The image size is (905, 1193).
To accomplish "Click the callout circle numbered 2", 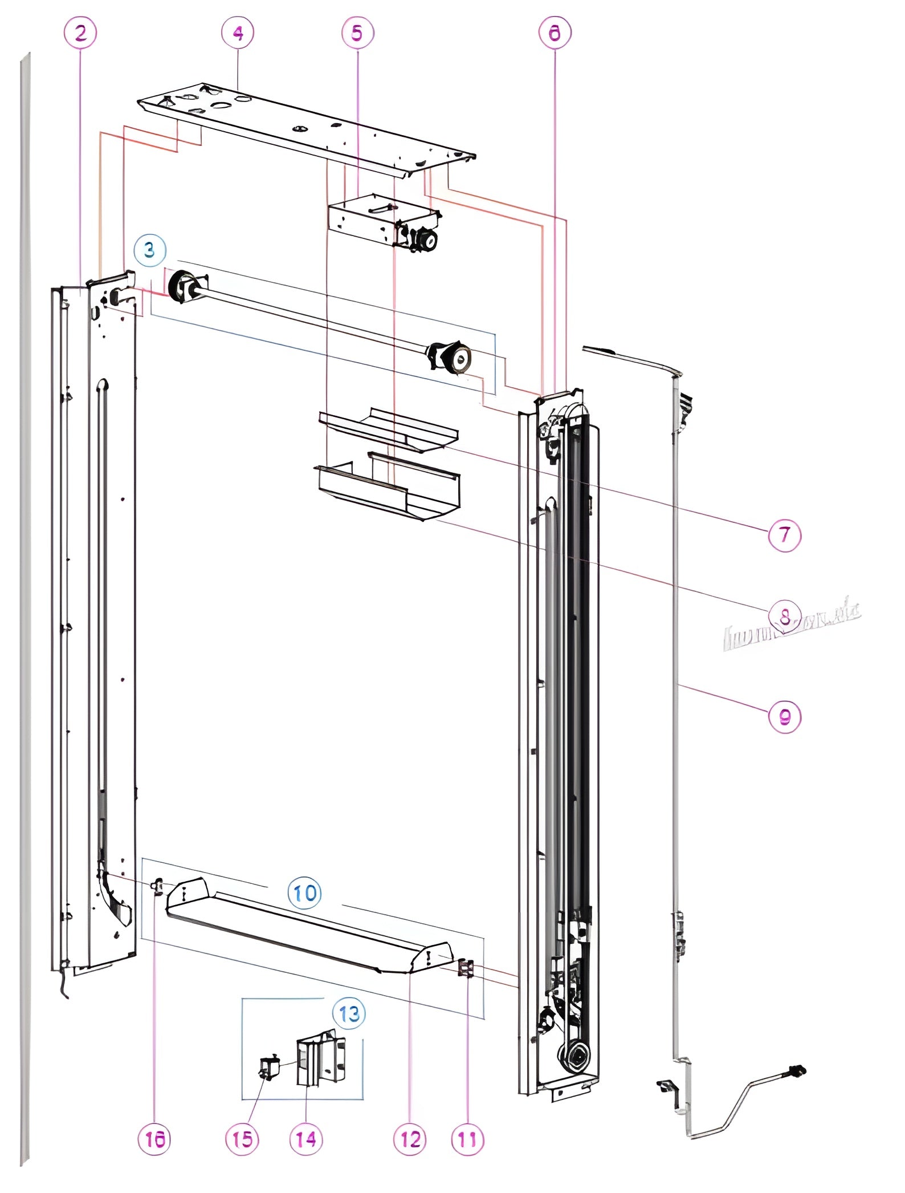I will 80,33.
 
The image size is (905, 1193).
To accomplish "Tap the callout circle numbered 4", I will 238,33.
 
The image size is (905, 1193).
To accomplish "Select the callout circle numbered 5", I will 357,33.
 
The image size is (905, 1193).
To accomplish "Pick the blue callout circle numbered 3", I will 150,250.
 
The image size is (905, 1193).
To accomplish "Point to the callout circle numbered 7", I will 785,535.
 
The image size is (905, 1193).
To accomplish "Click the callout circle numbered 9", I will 785,716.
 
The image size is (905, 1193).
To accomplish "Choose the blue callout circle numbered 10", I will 305,892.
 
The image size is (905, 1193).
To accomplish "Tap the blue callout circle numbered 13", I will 349,1013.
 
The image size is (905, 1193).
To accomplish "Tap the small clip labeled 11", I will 466,968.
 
